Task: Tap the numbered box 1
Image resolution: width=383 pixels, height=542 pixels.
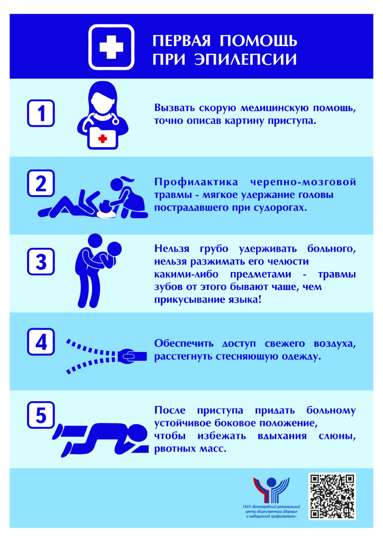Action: click(41, 112)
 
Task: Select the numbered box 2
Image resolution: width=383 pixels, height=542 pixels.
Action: click(41, 184)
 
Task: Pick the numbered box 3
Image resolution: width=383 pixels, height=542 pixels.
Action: click(41, 261)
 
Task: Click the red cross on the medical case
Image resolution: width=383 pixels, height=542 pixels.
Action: click(103, 138)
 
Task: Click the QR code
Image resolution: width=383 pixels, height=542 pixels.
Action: click(332, 496)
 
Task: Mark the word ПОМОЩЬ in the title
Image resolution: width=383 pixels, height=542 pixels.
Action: click(258, 40)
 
